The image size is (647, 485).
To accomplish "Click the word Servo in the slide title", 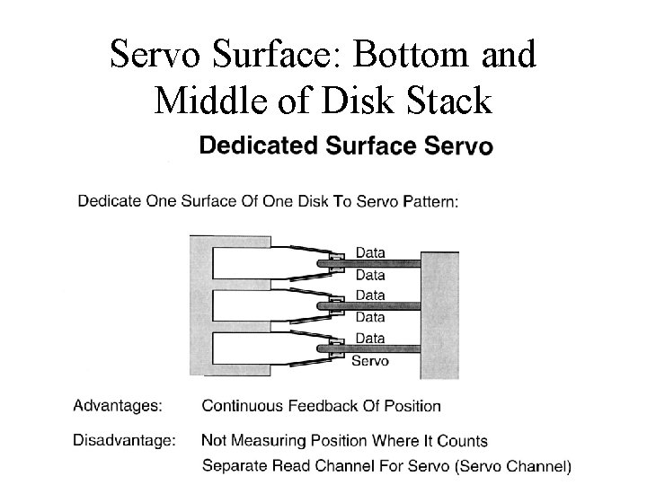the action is point(154,56).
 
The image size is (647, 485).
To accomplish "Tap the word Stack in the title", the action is point(447,101).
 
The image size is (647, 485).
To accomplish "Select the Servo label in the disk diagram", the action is point(369,361).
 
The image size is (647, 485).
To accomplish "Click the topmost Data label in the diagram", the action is point(369,252).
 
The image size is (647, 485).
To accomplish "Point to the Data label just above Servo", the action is point(369,339).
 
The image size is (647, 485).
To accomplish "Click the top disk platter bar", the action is point(377,264).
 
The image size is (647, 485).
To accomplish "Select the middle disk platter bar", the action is point(377,306).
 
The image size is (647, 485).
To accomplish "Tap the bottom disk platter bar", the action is point(377,349).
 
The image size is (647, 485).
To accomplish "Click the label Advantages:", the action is point(118,406).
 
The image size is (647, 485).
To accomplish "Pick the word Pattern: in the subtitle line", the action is point(429,201).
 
